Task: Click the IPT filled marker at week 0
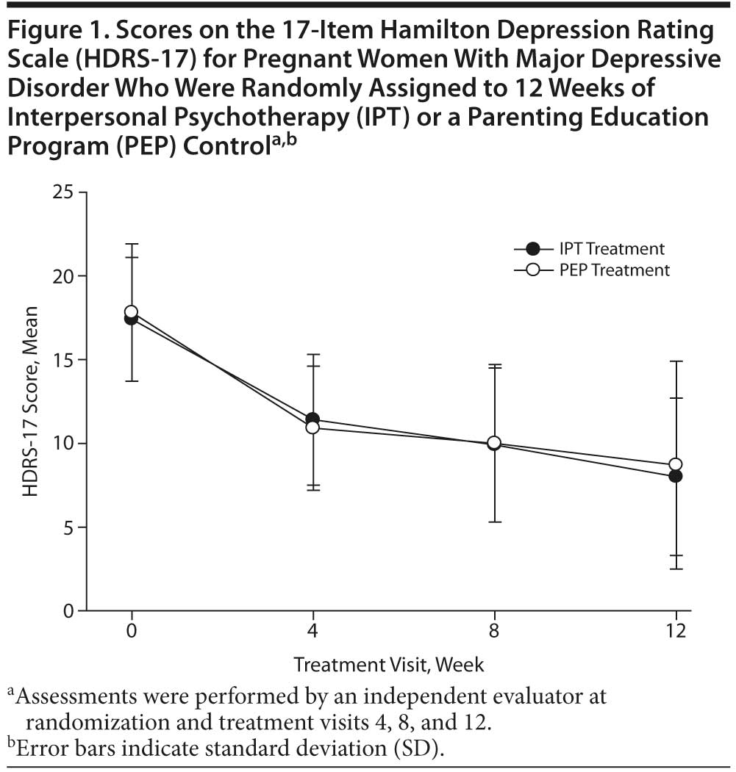132,318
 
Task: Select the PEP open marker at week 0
132,311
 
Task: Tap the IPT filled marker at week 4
312,419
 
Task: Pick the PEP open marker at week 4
312,428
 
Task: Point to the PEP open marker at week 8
494,443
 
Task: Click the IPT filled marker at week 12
676,476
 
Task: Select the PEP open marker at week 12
676,464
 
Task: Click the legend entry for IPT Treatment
610,248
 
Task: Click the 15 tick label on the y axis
65,360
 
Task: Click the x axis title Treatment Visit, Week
389,665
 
